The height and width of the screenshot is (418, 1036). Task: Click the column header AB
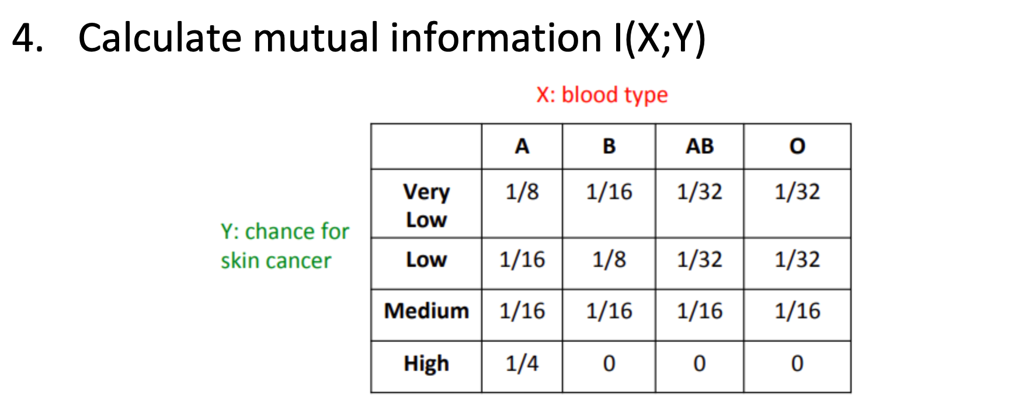pyautogui.click(x=700, y=146)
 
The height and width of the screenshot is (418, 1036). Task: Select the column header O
pyautogui.click(x=797, y=146)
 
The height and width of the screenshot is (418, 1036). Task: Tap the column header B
pyautogui.click(x=609, y=146)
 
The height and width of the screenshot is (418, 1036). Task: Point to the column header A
pyautogui.click(x=522, y=146)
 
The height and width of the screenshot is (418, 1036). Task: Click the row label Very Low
pyautogui.click(x=426, y=205)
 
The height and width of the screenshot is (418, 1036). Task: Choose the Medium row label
pyautogui.click(x=426, y=311)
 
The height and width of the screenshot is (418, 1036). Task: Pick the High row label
pyautogui.click(x=426, y=363)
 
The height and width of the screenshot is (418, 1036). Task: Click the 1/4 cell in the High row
pyautogui.click(x=522, y=363)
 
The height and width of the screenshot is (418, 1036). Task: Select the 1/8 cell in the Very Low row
pyautogui.click(x=522, y=191)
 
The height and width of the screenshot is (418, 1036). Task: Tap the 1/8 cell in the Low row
pyautogui.click(x=609, y=259)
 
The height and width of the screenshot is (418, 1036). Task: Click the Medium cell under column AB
pyautogui.click(x=700, y=311)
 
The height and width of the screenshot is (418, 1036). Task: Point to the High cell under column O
pyautogui.click(x=797, y=363)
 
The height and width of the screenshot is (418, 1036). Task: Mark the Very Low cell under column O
pyautogui.click(x=797, y=191)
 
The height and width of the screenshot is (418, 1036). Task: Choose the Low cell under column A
pyautogui.click(x=522, y=259)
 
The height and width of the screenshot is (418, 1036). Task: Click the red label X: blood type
pyautogui.click(x=602, y=95)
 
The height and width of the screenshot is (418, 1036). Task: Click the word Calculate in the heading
pyautogui.click(x=159, y=38)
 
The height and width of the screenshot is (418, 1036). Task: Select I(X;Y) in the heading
pyautogui.click(x=659, y=38)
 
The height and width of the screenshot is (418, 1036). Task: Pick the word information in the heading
pyautogui.click(x=496, y=38)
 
